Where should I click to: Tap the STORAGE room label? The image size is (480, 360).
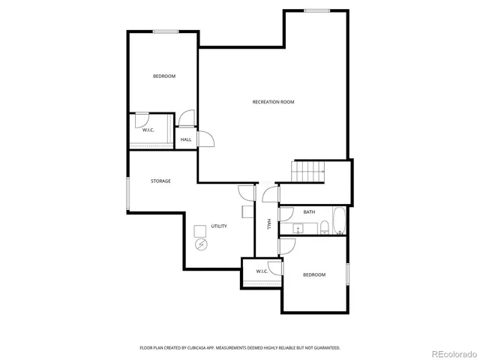click(160, 181)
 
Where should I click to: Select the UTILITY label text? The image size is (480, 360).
click(218, 226)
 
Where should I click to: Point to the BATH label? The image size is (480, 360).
click(309, 212)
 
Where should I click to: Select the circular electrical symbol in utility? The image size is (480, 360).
click(200, 244)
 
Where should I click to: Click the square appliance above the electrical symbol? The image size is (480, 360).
click(200, 230)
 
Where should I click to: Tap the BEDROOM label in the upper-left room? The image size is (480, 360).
click(164, 76)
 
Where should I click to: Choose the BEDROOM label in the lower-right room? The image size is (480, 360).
click(314, 274)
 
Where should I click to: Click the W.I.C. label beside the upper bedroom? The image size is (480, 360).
click(148, 130)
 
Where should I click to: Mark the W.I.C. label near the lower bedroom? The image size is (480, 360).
click(262, 271)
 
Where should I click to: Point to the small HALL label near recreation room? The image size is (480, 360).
click(186, 139)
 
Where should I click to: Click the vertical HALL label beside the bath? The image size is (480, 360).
click(268, 224)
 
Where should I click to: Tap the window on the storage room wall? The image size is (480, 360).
click(127, 193)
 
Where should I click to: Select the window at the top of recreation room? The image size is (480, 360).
click(316, 10)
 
